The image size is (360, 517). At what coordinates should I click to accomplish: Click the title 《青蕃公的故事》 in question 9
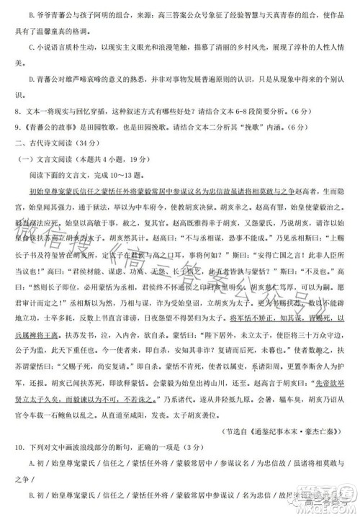tap(33, 129)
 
